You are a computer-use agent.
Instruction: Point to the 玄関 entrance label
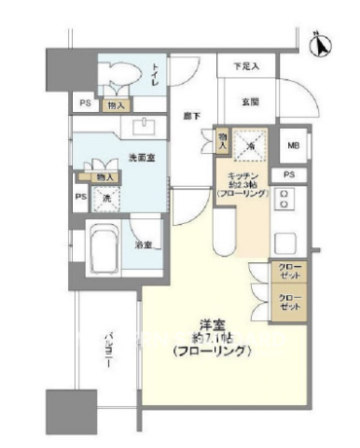click(x=249, y=101)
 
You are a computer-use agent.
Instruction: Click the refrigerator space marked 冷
click(x=251, y=147)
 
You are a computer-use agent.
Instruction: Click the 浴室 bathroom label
click(x=143, y=243)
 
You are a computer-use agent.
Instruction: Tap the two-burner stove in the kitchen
click(x=285, y=200)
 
